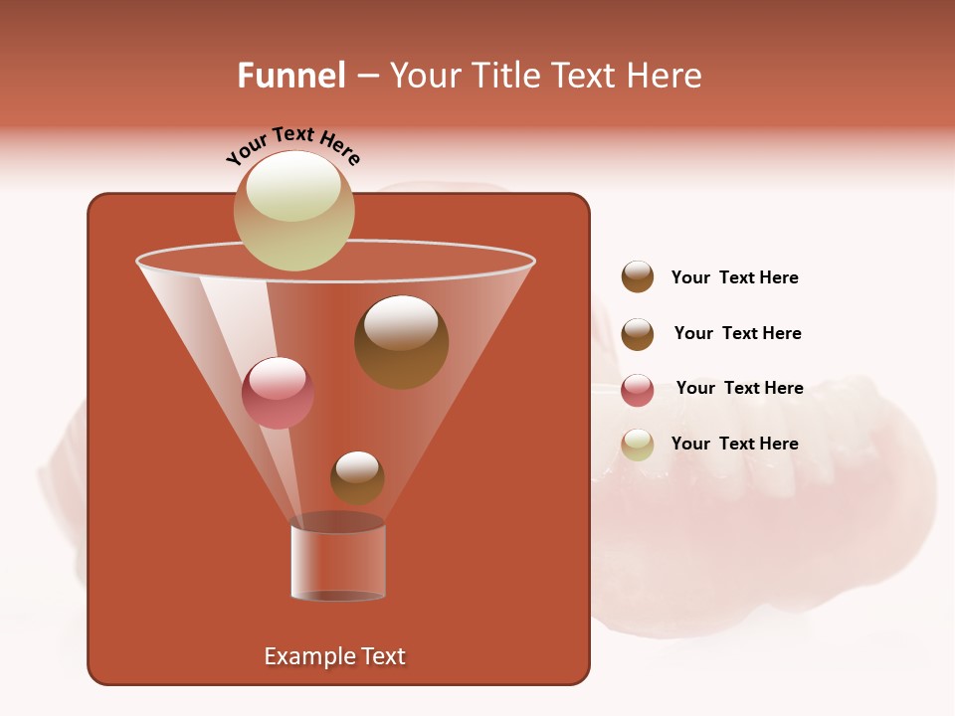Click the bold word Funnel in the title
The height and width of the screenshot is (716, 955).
tap(290, 76)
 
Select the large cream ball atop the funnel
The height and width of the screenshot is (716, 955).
tap(293, 210)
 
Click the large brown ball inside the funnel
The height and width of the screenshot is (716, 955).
tap(401, 342)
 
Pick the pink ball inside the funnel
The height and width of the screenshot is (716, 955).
tap(278, 393)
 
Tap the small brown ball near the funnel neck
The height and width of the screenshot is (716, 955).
tap(357, 477)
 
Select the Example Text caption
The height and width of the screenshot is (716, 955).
tap(335, 656)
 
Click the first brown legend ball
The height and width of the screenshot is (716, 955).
tap(638, 276)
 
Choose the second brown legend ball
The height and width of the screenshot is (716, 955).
tap(638, 334)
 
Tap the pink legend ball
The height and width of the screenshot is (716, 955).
tap(638, 390)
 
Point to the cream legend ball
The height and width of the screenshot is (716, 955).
tap(638, 445)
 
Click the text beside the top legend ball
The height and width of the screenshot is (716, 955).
tap(734, 278)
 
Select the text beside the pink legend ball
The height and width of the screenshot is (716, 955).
tap(739, 389)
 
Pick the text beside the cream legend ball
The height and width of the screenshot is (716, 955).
tap(734, 444)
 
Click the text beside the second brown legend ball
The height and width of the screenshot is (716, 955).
tap(737, 334)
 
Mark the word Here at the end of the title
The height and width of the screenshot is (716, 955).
tap(666, 76)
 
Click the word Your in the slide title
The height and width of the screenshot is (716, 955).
tap(422, 76)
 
